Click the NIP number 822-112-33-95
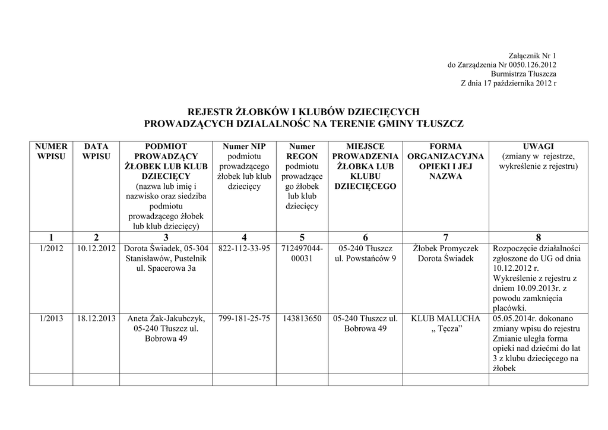tap(244, 248)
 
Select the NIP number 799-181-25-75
tap(244, 318)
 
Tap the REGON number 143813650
tap(302, 318)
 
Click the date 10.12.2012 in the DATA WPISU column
tap(96, 248)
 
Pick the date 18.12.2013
tap(96, 318)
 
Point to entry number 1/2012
tap(51, 248)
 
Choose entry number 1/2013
tap(51, 318)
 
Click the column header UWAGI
tap(538, 146)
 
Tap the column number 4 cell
tap(244, 238)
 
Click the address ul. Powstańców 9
tap(365, 258)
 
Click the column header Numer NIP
tap(244, 146)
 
